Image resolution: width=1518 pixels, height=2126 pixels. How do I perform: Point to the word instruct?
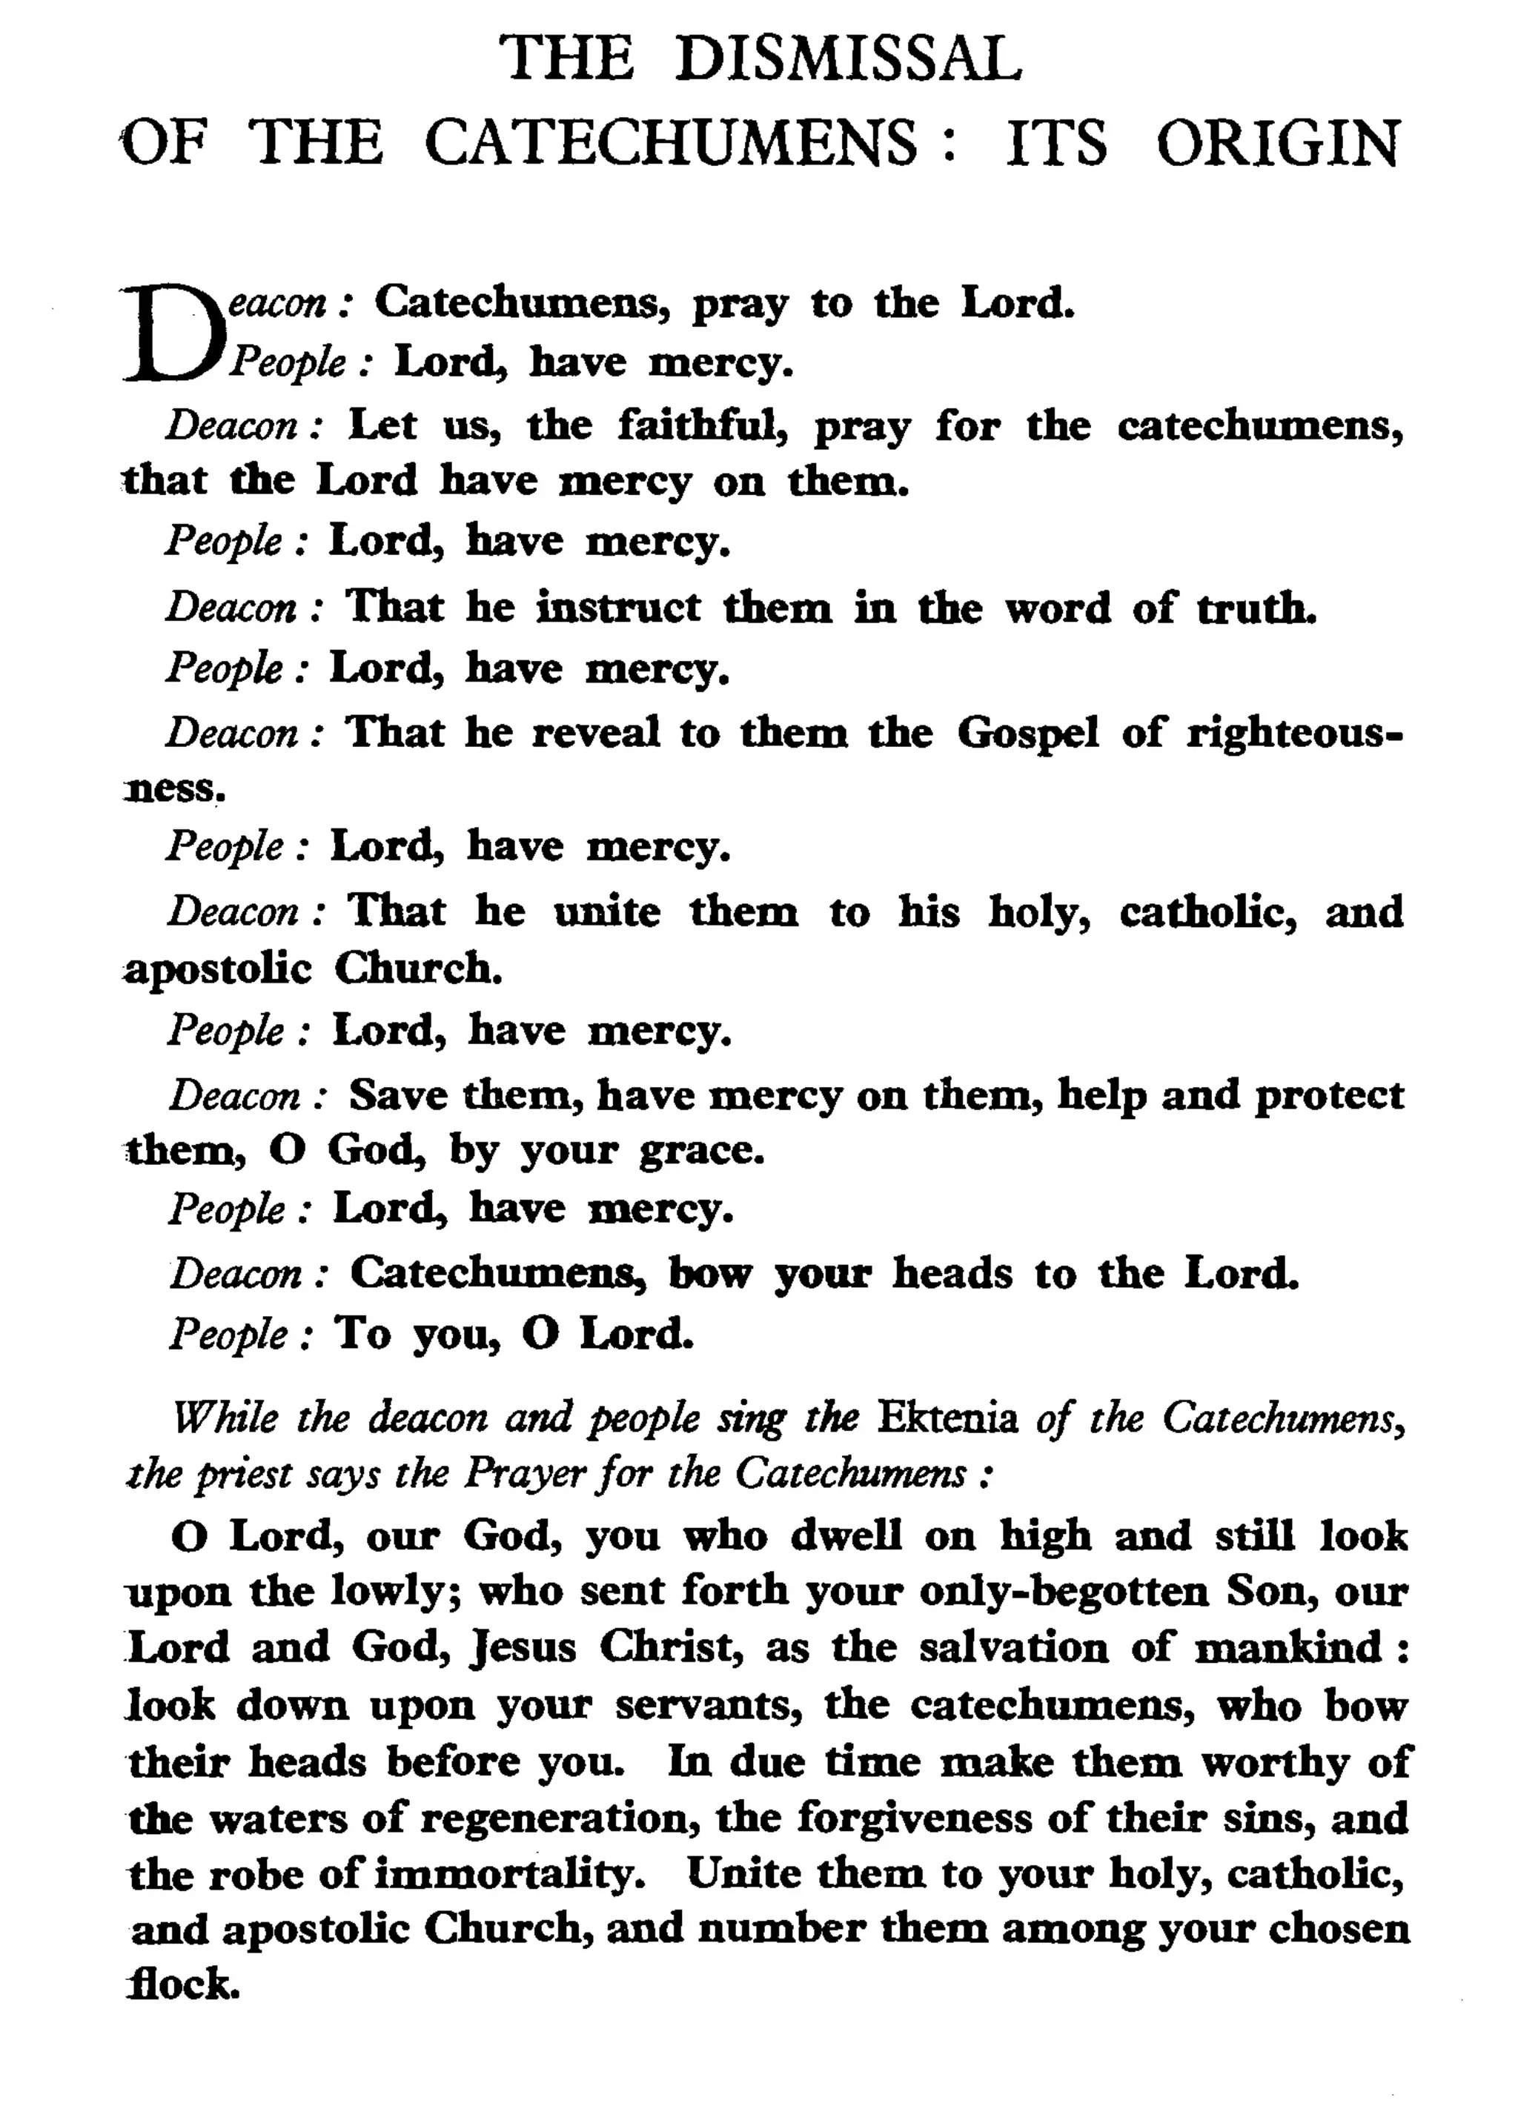pos(618,608)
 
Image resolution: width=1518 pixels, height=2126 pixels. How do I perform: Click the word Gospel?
pos(1027,733)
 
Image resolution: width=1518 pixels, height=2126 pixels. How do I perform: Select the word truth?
pos(1256,608)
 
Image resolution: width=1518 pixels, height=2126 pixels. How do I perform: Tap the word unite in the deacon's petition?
pos(606,912)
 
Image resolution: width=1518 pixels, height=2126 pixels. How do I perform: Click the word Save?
pos(398,1095)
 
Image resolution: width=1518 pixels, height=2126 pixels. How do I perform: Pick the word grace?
pos(701,1150)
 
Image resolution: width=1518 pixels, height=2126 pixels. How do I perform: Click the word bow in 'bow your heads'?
pos(709,1274)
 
